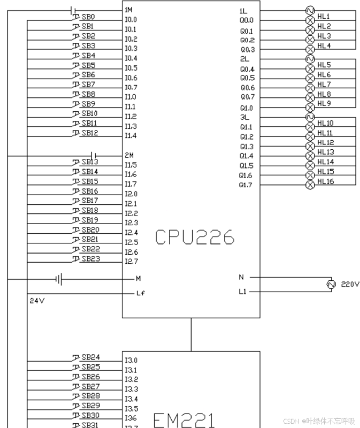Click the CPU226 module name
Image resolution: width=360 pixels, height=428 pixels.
click(195, 237)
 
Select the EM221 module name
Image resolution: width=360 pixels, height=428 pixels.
click(185, 420)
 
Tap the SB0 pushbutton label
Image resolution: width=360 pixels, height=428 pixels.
click(88, 17)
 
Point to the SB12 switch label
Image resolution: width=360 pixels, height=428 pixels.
click(89, 133)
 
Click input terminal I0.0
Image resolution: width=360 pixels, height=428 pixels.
click(131, 20)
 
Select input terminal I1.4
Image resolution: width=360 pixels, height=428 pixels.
click(131, 136)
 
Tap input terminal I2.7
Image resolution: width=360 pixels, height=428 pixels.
click(131, 262)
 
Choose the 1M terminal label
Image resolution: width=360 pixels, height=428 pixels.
click(128, 10)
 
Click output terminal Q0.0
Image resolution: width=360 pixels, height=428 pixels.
click(247, 21)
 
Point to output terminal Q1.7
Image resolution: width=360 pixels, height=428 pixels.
click(246, 185)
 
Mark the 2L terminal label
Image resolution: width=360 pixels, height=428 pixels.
click(244, 58)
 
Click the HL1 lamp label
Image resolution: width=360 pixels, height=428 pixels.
click(324, 17)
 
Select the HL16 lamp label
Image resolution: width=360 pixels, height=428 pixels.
click(325, 181)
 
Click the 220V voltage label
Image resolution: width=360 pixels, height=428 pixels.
click(350, 284)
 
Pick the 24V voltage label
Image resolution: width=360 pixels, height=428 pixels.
click(37, 301)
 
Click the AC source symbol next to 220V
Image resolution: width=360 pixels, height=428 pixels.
click(331, 284)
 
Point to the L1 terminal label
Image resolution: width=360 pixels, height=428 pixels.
click(243, 292)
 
